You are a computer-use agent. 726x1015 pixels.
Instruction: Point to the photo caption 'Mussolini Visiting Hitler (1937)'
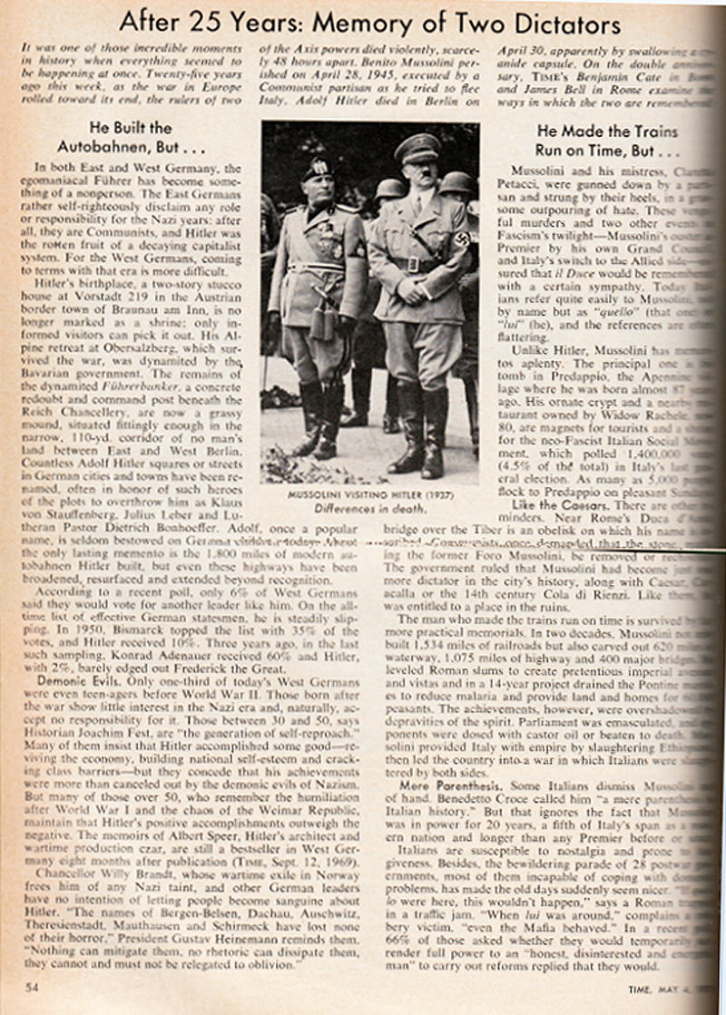(369, 495)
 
